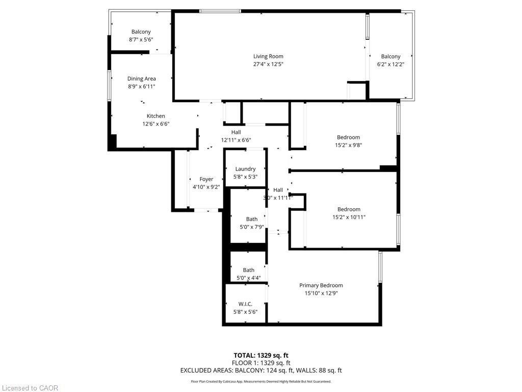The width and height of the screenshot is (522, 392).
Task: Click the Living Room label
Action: pyautogui.click(x=268, y=56)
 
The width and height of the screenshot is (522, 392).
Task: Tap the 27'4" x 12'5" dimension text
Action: pyautogui.click(x=268, y=64)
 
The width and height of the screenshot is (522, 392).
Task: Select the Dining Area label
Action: pyautogui.click(x=141, y=79)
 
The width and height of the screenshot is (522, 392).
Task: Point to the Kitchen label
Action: pyautogui.click(x=155, y=116)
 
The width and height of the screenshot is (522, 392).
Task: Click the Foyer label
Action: pyautogui.click(x=206, y=179)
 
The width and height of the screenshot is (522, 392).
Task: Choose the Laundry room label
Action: pyautogui.click(x=245, y=169)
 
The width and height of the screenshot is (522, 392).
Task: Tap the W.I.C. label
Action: pyautogui.click(x=245, y=304)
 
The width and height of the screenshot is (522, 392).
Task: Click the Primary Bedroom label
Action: pyautogui.click(x=321, y=285)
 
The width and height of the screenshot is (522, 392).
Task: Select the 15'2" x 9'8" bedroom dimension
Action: pyautogui.click(x=348, y=145)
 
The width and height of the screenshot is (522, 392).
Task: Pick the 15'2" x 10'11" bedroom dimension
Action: pyautogui.click(x=349, y=217)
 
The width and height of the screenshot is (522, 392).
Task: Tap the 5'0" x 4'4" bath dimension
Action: pyautogui.click(x=248, y=278)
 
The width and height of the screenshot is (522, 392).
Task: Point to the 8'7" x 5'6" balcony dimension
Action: pyautogui.click(x=141, y=39)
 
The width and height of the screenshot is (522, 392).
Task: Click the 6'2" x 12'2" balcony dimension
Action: pyautogui.click(x=390, y=64)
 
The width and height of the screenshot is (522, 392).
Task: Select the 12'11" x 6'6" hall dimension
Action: pyautogui.click(x=236, y=140)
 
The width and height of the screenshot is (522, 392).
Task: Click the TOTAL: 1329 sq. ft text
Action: pyautogui.click(x=261, y=355)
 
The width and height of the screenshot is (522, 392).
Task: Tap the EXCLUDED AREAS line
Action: pyautogui.click(x=261, y=371)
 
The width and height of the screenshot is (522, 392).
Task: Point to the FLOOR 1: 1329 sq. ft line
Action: pyautogui.click(x=261, y=363)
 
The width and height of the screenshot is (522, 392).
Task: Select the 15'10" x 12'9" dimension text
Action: pyautogui.click(x=321, y=293)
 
